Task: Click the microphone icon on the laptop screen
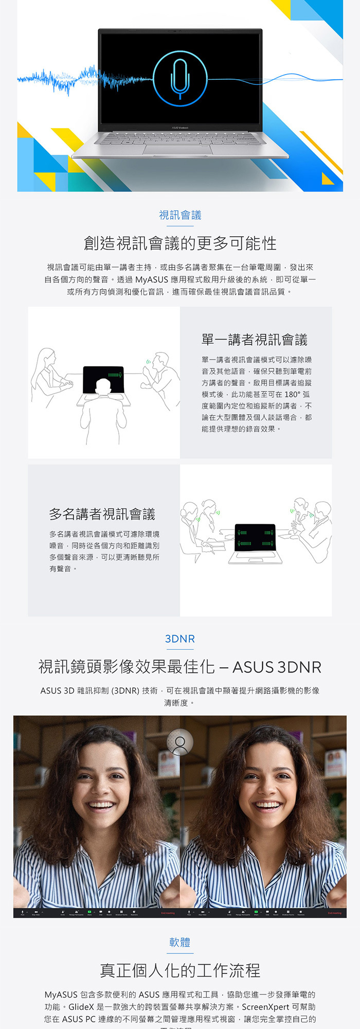(180, 79)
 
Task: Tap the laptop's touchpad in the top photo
(178, 150)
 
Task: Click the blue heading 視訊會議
(180, 215)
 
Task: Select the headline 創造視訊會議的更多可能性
(180, 243)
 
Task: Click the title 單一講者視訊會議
(254, 340)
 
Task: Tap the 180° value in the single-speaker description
(292, 395)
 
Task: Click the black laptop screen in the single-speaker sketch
(103, 380)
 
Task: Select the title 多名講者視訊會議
(102, 514)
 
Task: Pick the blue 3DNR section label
(180, 639)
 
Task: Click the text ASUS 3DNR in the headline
(277, 667)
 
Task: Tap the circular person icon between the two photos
(180, 742)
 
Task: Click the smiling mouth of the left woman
(101, 806)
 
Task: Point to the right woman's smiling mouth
(267, 806)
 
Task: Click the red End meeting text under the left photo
(168, 913)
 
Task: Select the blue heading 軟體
(180, 942)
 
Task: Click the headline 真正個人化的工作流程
(180, 970)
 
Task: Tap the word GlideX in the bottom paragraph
(81, 1007)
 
